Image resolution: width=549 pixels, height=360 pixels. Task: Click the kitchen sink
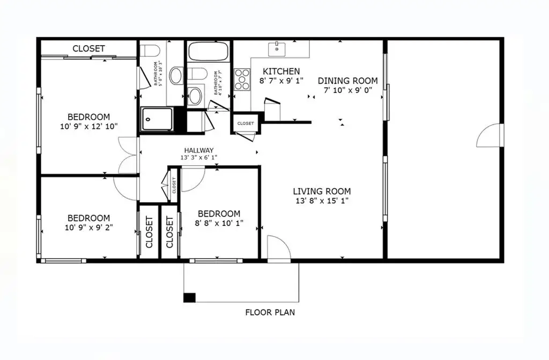(277, 48)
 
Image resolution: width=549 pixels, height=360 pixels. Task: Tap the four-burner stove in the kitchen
(242, 78)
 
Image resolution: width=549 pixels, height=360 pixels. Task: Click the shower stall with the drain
(157, 119)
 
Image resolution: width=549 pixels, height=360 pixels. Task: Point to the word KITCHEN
(281, 71)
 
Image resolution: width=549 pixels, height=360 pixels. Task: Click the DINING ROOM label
(347, 81)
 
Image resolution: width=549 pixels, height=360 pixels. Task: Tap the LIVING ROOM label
(322, 192)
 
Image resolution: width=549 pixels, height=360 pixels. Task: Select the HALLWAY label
(199, 150)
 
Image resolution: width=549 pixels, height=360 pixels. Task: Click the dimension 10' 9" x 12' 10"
(88, 127)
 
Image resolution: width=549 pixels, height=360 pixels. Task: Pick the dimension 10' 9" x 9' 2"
(88, 227)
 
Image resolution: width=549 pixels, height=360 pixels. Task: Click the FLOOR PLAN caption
(270, 312)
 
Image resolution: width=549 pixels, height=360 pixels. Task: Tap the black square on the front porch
(189, 298)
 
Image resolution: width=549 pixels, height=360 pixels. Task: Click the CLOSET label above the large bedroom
(88, 49)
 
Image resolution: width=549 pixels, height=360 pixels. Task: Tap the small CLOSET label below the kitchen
(246, 123)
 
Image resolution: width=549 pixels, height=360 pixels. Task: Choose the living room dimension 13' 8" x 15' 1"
(322, 201)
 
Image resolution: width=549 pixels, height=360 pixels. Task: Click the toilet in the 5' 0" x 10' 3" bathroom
(152, 52)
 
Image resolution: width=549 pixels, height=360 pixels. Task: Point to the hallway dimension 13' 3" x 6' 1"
(199, 158)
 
